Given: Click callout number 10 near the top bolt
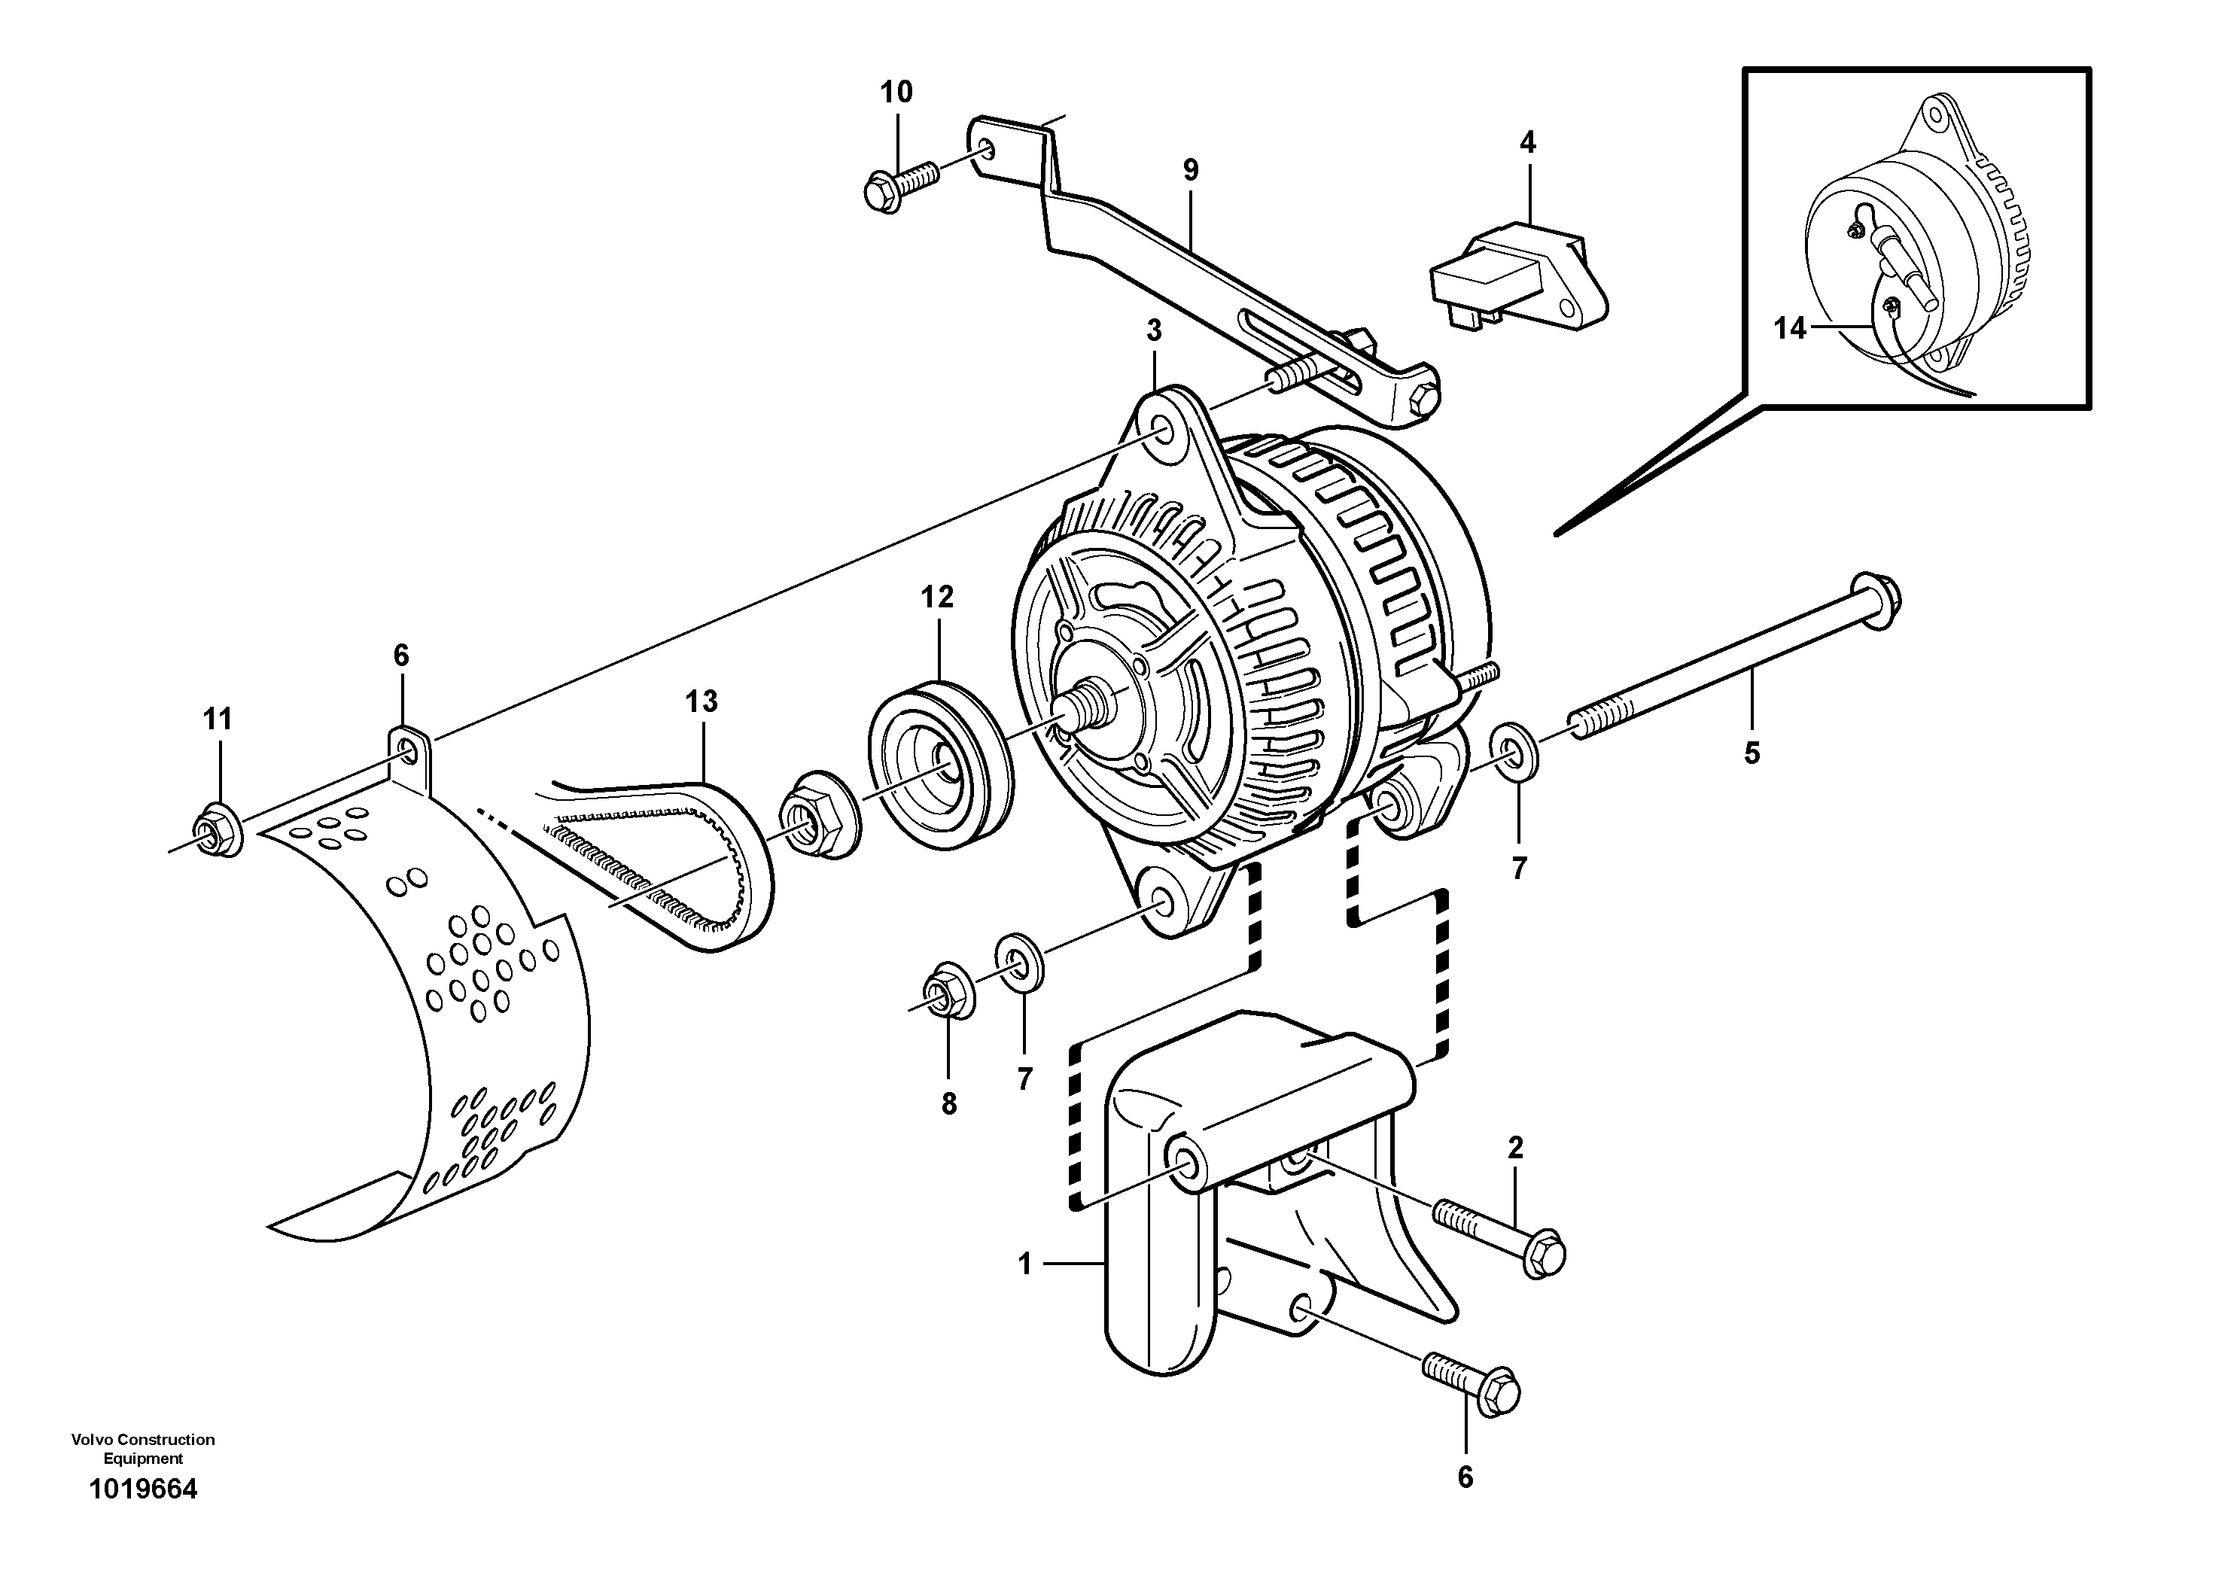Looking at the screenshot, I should (x=896, y=93).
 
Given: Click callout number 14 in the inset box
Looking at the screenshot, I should (x=1789, y=329).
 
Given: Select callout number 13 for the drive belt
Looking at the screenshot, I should (x=702, y=701).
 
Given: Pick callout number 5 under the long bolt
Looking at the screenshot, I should (x=1752, y=753).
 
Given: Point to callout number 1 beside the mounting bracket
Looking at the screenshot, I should (x=1024, y=1264).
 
